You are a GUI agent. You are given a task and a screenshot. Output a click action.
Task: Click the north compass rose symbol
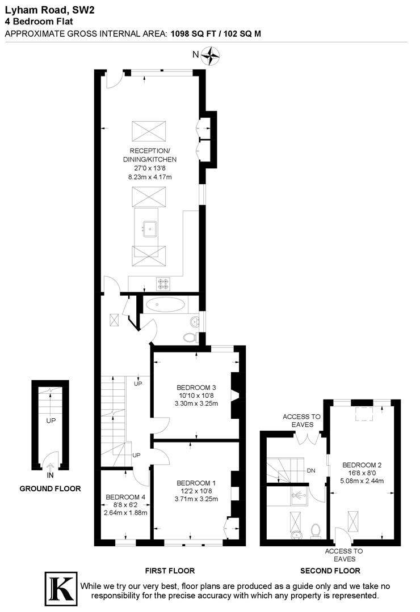pos(212,55)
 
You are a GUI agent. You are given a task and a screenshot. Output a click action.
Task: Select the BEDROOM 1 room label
pos(195,483)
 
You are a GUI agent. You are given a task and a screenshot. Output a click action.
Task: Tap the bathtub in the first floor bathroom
pos(165,305)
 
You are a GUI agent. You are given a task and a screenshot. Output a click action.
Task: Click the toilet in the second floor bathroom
pos(316,530)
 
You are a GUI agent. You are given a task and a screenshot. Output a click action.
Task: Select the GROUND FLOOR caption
pos(50,488)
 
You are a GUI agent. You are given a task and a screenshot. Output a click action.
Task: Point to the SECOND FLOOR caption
pos(330,571)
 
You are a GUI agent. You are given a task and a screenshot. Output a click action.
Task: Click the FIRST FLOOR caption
pos(170,571)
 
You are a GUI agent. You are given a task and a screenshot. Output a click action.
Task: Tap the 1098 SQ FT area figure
pos(192,33)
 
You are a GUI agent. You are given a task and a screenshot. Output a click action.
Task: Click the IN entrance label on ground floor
pos(51,475)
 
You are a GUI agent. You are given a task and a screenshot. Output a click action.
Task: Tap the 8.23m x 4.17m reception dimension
pos(150,177)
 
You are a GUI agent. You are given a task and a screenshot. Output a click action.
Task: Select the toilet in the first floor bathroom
pos(190,338)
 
